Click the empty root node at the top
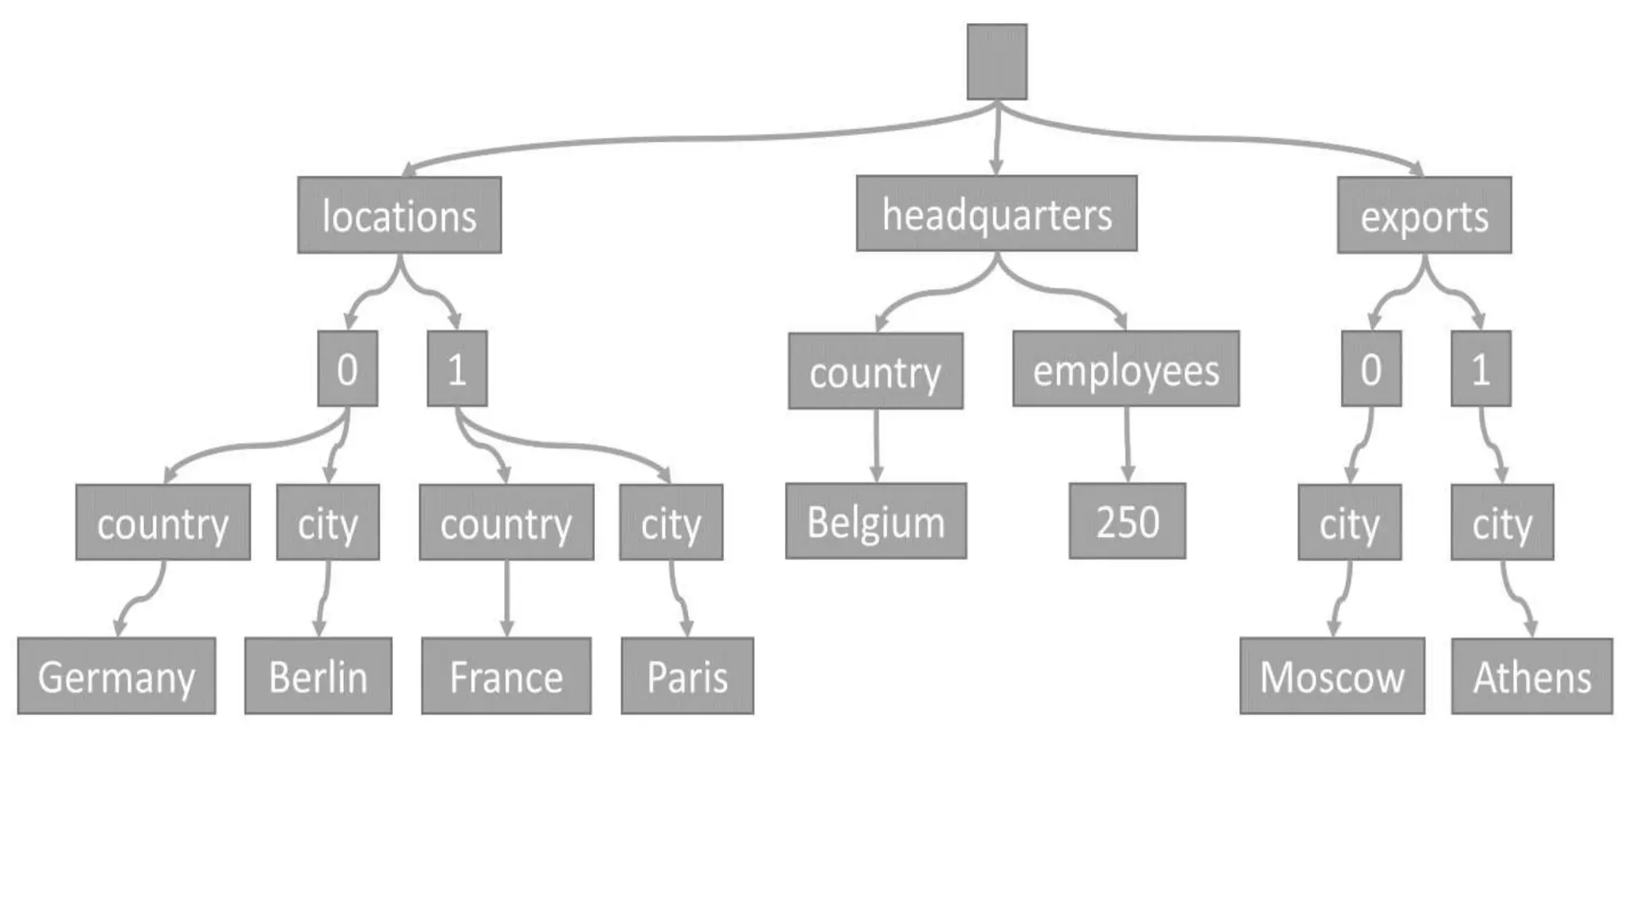[x=996, y=61]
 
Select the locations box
[x=399, y=215]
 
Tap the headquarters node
[x=996, y=214]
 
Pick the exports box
[x=1424, y=215]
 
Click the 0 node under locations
[x=347, y=369]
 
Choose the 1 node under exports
[x=1480, y=369]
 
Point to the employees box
[x=1125, y=370]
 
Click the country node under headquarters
[x=875, y=371]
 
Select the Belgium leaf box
[x=876, y=521]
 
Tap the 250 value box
[x=1127, y=521]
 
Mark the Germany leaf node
[x=116, y=676]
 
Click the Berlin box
[x=318, y=676]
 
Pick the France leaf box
[x=506, y=676]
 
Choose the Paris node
[x=687, y=676]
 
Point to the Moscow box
[x=1332, y=676]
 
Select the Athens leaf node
[x=1531, y=676]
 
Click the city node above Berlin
[x=327, y=523]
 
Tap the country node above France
[x=507, y=523]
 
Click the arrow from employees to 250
[x=1127, y=444]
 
